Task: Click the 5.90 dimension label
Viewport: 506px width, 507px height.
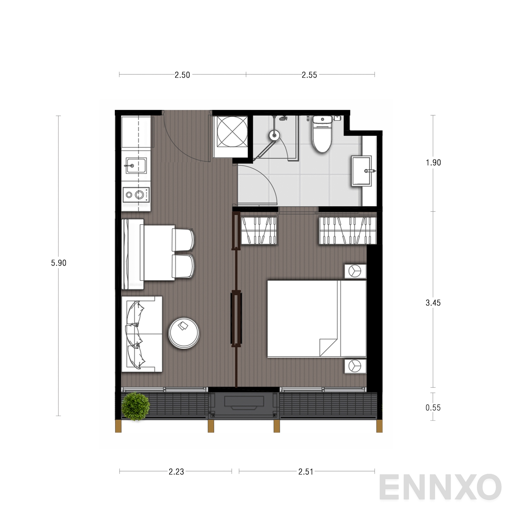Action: coord(59,263)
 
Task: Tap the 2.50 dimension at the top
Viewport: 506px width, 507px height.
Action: coord(182,75)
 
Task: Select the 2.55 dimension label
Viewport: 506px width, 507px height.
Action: coord(309,75)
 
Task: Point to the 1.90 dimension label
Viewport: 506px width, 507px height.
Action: coord(433,162)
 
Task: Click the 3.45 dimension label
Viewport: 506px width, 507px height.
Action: coord(433,303)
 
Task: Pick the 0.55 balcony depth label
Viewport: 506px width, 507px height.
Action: coord(433,408)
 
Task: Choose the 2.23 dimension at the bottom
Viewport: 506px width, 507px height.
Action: coord(176,472)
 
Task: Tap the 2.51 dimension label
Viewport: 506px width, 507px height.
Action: coord(306,472)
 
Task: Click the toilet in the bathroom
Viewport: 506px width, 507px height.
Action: coord(322,134)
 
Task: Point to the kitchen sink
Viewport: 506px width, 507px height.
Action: coord(136,166)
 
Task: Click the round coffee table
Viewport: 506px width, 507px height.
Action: coord(184,333)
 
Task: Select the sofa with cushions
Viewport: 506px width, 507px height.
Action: coord(142,334)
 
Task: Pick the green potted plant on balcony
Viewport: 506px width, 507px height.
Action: coord(136,406)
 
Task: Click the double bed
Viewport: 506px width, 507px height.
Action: coord(317,319)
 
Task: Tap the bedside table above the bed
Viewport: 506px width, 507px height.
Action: coord(355,271)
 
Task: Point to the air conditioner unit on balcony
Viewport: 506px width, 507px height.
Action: coord(244,406)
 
